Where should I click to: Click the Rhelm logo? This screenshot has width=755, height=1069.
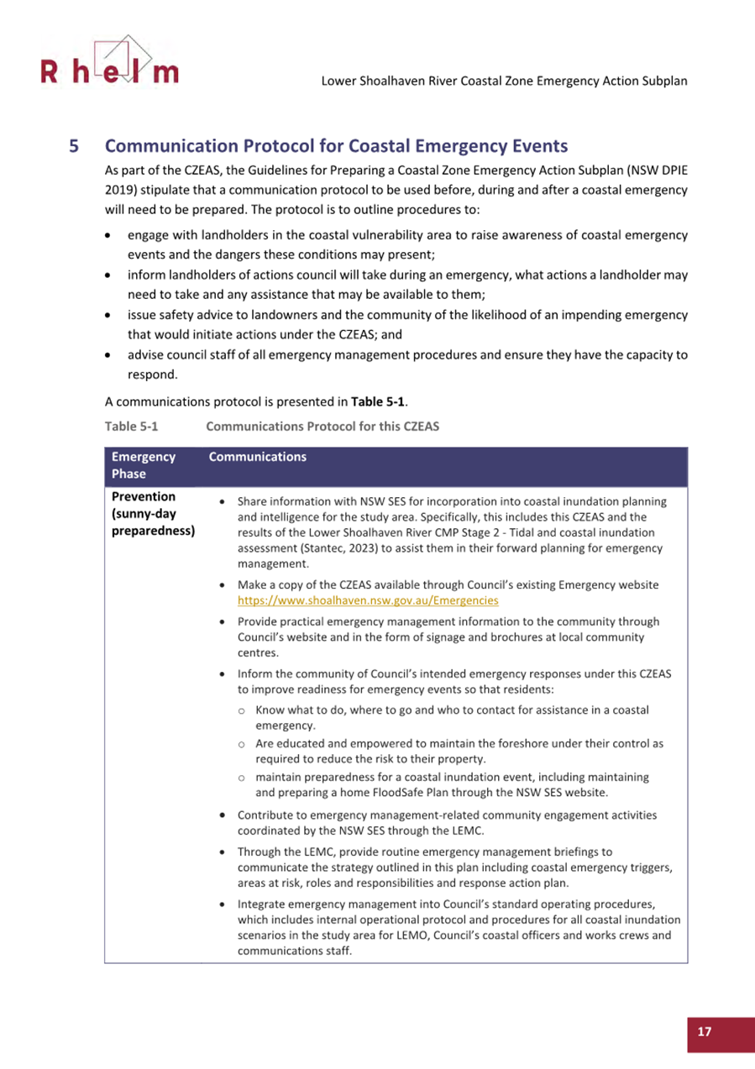(109, 64)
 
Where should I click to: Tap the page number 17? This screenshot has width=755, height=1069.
(704, 1032)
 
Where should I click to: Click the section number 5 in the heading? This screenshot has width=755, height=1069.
(74, 144)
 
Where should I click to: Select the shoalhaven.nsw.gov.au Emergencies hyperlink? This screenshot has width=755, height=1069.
(368, 601)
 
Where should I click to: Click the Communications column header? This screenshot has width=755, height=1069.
(257, 458)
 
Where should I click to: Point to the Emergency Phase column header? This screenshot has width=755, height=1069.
(144, 465)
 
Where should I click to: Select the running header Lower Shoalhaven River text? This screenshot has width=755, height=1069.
(505, 81)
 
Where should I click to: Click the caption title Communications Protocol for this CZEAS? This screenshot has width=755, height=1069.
(322, 427)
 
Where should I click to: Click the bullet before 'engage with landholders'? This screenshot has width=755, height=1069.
(108, 235)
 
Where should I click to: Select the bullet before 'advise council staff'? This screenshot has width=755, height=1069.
(108, 355)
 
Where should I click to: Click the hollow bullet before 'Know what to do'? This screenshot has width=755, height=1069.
(242, 710)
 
